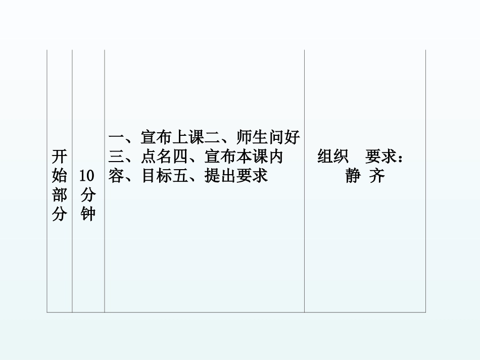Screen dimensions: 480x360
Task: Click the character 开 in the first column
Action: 60,157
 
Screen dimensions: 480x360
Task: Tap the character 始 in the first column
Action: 60,176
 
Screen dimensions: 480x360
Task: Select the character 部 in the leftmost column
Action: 60,195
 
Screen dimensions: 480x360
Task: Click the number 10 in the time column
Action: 87,176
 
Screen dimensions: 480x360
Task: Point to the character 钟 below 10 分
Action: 87,215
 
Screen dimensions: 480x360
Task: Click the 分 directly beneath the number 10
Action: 87,195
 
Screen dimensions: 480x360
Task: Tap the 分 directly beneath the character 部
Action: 60,215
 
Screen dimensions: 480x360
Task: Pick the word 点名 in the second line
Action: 157,157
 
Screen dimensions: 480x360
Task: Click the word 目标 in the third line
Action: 157,177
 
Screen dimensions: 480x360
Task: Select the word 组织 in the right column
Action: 332,157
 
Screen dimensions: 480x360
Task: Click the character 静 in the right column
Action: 353,177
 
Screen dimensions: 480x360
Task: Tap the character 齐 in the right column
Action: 376,177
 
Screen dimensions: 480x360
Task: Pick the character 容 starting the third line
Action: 116,177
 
